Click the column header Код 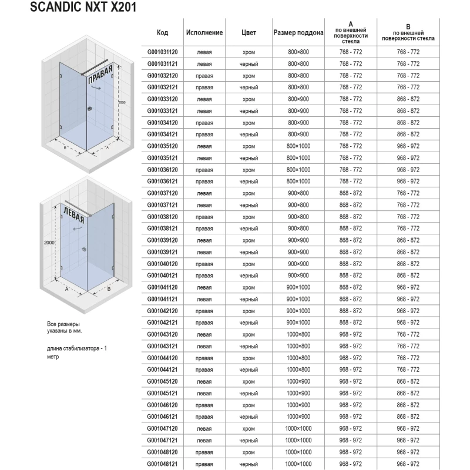[x=163, y=32]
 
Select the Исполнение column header [x=204, y=32]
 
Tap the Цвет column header [x=249, y=32]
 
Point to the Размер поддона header [x=298, y=32]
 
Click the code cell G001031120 [x=163, y=52]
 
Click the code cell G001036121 [x=163, y=182]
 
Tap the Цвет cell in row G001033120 [x=249, y=99]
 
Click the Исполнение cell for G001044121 [x=204, y=370]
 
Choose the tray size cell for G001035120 [x=298, y=146]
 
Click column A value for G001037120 [x=351, y=193]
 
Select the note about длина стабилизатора [x=76, y=352]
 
